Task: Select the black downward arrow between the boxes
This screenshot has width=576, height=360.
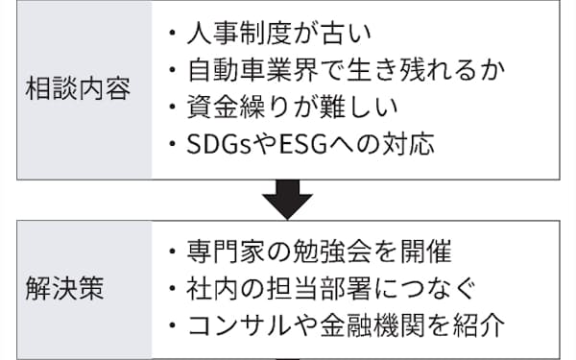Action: (287, 200)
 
